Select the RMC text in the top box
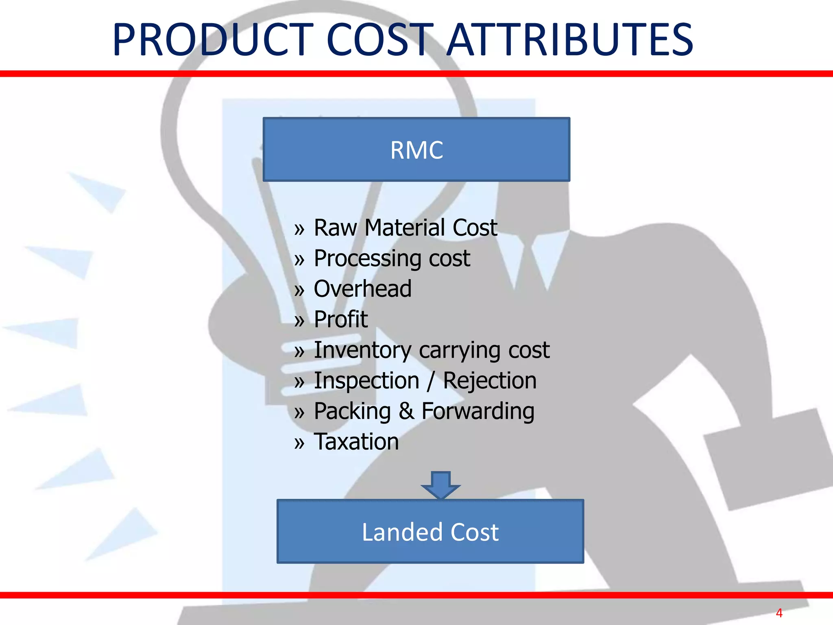(x=416, y=150)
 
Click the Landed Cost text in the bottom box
(x=430, y=532)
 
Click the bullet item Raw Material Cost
(x=405, y=227)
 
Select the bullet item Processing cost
(x=392, y=258)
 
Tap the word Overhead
(x=362, y=289)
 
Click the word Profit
(x=341, y=319)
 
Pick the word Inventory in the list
(x=362, y=350)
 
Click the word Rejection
(x=489, y=381)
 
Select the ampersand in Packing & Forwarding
(x=406, y=411)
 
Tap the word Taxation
(x=356, y=442)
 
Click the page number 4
(x=779, y=613)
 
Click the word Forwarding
(x=478, y=411)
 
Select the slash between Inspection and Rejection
(x=430, y=381)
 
